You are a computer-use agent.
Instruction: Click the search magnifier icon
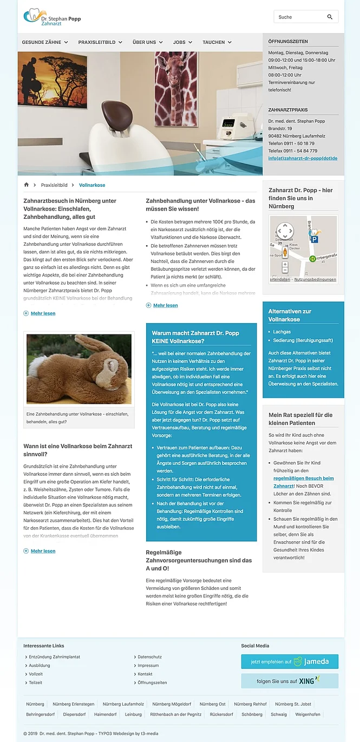pos(330,17)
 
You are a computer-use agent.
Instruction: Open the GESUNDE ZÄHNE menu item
pos(44,42)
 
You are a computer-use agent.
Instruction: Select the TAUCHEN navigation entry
pos(217,42)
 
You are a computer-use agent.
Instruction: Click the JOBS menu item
pos(182,42)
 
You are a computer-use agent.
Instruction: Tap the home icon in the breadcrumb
pos(26,185)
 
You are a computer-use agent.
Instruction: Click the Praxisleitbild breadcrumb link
pos(54,185)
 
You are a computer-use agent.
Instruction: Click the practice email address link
pos(303,159)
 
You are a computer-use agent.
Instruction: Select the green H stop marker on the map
pos(312,259)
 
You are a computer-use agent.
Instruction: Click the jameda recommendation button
pos(290,661)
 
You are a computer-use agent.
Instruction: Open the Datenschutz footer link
pos(149,657)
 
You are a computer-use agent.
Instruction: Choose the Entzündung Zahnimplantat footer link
pos(54,657)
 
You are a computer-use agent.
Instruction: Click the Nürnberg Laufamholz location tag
pos(123,704)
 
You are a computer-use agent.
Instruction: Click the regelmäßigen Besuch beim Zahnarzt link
pos(303,482)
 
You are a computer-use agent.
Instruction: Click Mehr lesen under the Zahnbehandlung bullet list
pos(165,306)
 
